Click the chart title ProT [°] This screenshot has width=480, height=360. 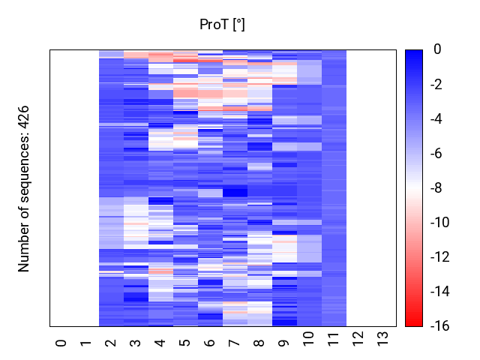pos(222,25)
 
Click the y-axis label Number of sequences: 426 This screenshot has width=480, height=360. pos(24,188)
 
